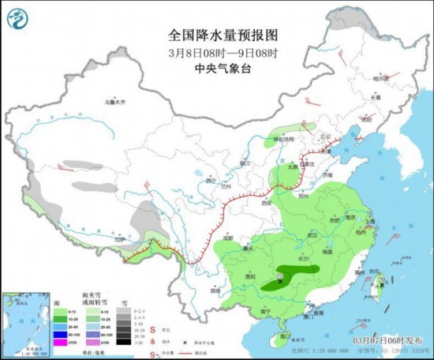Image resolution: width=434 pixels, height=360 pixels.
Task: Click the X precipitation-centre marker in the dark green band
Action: coord(280,279)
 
